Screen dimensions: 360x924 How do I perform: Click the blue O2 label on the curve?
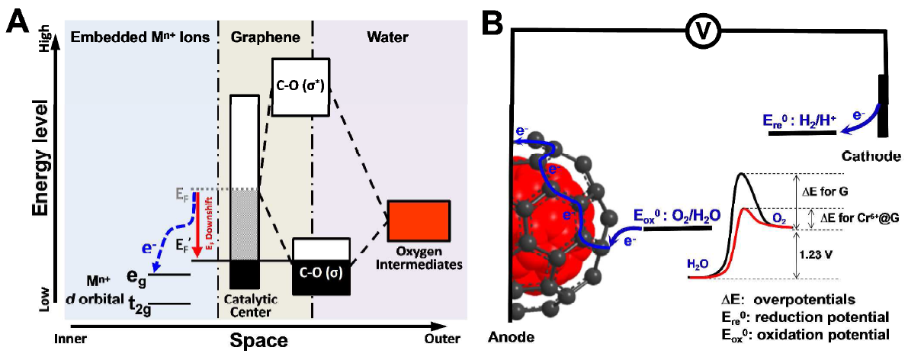[x=780, y=219]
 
